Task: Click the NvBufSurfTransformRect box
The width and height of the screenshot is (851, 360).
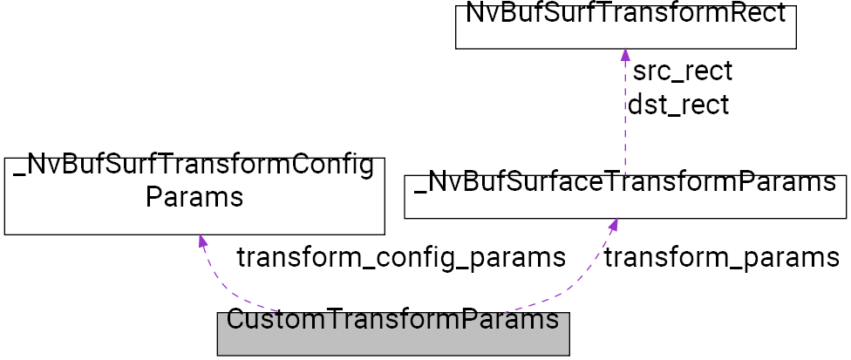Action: point(625,26)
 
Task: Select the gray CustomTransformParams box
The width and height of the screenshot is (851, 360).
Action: point(392,334)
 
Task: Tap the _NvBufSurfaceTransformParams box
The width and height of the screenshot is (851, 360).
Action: point(625,195)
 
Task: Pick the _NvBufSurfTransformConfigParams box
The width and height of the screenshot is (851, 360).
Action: point(194,195)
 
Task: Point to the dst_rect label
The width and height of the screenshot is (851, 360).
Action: point(678,105)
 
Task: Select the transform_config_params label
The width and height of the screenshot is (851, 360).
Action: point(401,258)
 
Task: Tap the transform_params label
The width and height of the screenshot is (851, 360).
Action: point(721,258)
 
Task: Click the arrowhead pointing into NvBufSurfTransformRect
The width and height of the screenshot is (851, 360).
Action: point(625,55)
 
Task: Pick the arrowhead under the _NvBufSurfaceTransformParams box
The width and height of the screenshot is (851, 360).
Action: point(614,225)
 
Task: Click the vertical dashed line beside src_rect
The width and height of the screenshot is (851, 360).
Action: point(625,113)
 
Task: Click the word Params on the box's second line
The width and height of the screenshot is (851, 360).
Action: point(194,197)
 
